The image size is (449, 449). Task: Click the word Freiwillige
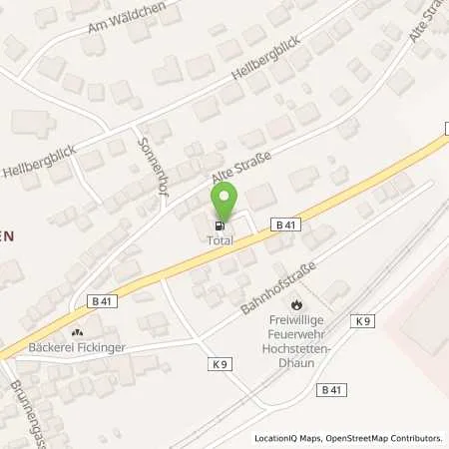point(295,321)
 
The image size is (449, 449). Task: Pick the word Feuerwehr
point(295,336)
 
